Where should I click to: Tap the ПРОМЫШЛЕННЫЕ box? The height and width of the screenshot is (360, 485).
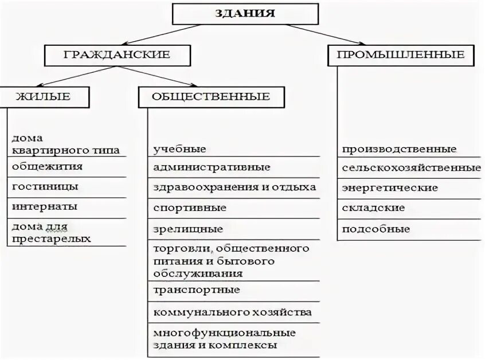(x=400, y=55)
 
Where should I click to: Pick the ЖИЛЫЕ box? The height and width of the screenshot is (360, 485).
(x=44, y=96)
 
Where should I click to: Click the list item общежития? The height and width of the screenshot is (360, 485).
(x=47, y=167)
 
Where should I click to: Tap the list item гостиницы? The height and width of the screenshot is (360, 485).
(x=45, y=187)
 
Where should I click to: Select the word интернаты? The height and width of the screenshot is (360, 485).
(x=44, y=206)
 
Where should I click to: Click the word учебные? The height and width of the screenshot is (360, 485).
(x=179, y=149)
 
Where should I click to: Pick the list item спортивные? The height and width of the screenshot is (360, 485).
(x=190, y=208)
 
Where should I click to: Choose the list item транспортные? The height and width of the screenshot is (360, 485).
(x=197, y=289)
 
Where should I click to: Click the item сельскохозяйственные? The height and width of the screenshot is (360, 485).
(x=411, y=168)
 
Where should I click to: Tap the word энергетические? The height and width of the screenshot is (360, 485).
(x=390, y=188)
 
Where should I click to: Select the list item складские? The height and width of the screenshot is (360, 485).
(x=373, y=208)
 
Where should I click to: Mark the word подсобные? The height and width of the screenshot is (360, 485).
(x=376, y=229)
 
